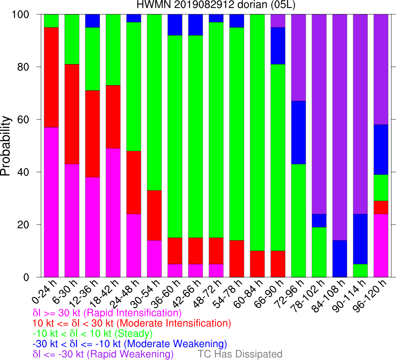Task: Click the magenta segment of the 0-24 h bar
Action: tap(51, 202)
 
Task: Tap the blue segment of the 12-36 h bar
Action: tap(93, 21)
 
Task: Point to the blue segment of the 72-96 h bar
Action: tap(298, 132)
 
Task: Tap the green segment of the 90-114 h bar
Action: tap(360, 270)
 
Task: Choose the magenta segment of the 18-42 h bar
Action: tap(113, 213)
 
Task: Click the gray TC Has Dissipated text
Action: tap(240, 354)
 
